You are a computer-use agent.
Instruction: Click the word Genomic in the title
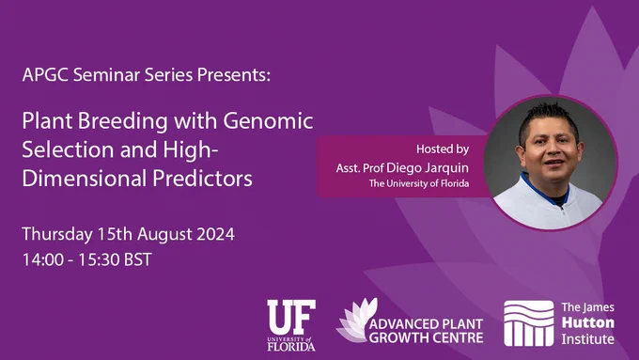268,122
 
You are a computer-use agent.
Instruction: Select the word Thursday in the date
57,235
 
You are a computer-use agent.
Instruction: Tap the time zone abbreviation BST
138,260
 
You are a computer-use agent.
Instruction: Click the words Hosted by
443,149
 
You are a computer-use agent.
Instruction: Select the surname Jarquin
446,168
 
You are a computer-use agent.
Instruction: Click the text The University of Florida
419,183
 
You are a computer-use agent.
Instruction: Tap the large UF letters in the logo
291,317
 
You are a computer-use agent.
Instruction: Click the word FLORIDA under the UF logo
291,347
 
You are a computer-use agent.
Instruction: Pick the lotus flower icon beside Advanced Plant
356,321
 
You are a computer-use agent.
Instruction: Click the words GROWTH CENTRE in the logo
427,337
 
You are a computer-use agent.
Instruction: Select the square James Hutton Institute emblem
528,323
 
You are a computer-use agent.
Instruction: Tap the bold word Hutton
588,323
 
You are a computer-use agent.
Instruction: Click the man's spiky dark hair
548,118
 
